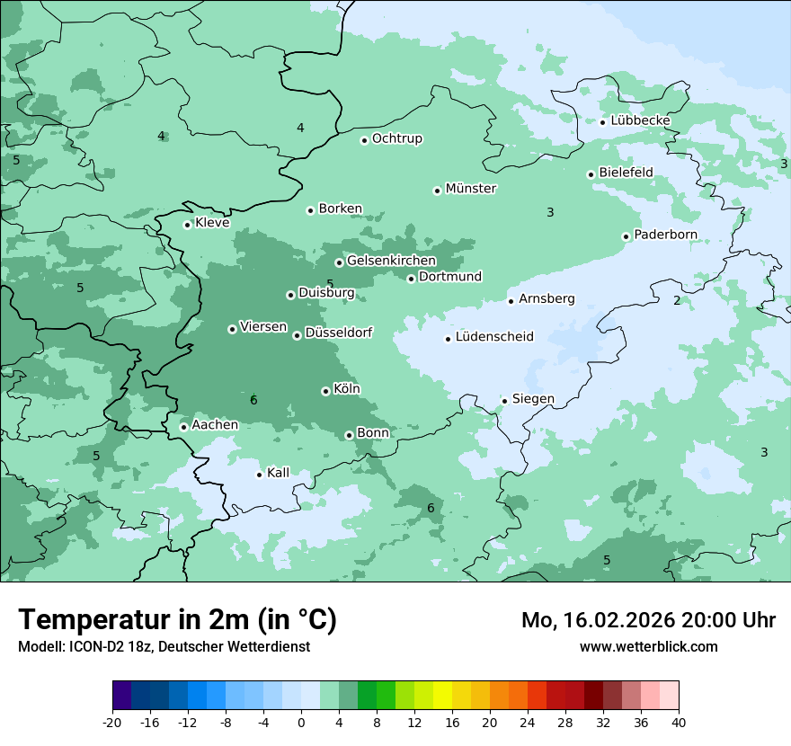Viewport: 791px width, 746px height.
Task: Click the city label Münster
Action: [470, 189]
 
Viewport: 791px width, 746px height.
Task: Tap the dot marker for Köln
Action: [325, 391]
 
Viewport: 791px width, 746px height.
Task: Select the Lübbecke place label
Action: [640, 120]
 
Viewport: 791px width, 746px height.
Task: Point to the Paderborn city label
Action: [665, 235]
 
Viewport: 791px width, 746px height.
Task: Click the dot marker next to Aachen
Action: [183, 427]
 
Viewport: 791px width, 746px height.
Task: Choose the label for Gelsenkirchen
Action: [391, 261]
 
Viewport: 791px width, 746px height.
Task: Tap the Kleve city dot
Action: [187, 225]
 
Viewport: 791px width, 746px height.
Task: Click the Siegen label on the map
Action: [533, 398]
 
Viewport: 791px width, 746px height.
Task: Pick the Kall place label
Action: [279, 473]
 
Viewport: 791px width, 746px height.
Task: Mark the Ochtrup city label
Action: [396, 138]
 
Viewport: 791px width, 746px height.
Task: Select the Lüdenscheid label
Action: [494, 337]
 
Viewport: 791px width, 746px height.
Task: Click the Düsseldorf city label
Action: [338, 333]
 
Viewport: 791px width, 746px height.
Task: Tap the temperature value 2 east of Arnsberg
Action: [677, 300]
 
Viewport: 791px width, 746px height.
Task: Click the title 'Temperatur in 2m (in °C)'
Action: [177, 620]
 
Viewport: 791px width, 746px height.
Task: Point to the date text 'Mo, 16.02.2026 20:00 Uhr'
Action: [648, 620]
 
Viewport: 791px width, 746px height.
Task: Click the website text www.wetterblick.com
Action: [648, 646]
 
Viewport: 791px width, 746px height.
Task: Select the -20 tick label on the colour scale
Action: [112, 722]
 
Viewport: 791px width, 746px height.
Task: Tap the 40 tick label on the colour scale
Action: [679, 722]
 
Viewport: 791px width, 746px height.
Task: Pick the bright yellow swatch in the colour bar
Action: [442, 696]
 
